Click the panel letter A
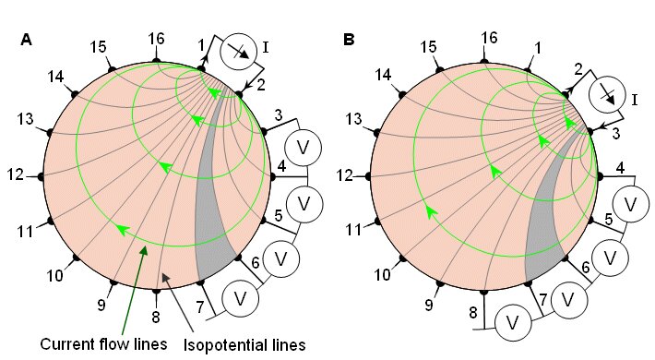coord(26,40)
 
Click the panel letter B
coord(349,40)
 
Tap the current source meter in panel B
coord(607,94)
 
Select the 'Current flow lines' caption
coord(103,343)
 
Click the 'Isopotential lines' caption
coord(244,345)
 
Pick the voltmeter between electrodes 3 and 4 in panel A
coord(303,148)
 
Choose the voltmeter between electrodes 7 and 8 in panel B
coord(513,323)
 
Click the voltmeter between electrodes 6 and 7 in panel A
coord(240,299)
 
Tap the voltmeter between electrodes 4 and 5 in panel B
coord(630,204)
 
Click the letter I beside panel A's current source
coord(265,48)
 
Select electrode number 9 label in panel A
coord(101,306)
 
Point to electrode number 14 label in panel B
coord(383,75)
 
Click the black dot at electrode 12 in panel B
coord(368,176)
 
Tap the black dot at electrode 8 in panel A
coord(156,292)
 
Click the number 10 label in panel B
coord(382,275)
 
